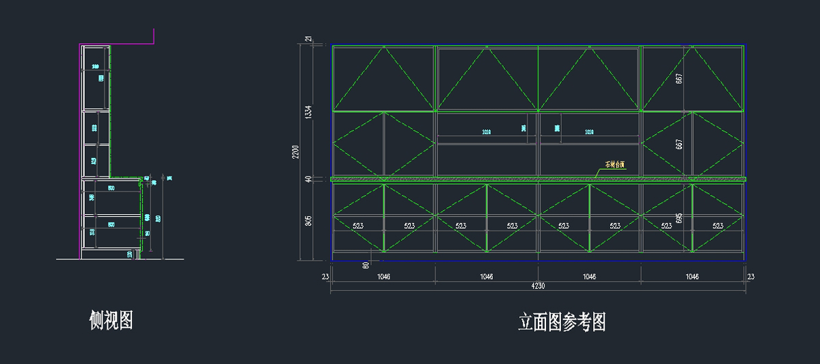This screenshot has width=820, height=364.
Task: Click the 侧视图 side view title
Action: (x=111, y=320)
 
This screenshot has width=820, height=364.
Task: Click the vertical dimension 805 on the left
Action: (x=308, y=220)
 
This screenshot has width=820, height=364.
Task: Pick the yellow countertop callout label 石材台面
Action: (x=615, y=165)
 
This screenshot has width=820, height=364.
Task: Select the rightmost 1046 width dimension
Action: (x=692, y=276)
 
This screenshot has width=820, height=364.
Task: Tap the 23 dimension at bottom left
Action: (x=325, y=276)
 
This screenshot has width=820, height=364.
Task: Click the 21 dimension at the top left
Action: (x=308, y=40)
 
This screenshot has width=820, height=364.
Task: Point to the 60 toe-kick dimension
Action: (x=366, y=265)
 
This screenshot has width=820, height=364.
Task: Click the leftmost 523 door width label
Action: (x=357, y=226)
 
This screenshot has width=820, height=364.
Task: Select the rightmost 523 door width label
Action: (x=717, y=226)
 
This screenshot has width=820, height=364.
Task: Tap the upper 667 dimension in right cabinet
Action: (x=679, y=79)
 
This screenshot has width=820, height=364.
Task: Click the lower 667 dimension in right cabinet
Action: (x=679, y=144)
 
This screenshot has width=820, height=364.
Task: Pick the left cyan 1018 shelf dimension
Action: (x=486, y=131)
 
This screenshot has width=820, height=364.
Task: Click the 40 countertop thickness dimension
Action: (x=308, y=179)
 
